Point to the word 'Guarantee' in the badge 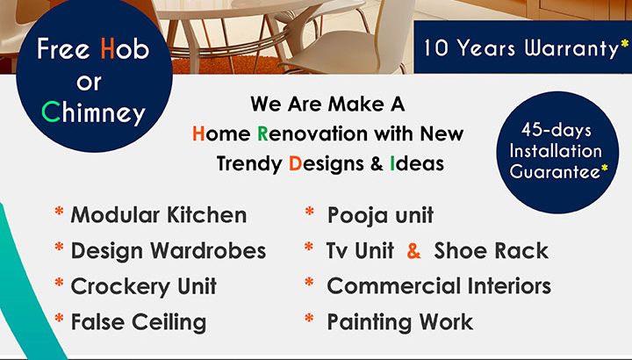555,171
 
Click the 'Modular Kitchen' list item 159,215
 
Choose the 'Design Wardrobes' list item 168,250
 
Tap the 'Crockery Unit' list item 143,286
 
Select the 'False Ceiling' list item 138,322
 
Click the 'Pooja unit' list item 380,215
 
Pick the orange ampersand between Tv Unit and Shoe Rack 413,251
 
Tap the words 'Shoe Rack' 491,250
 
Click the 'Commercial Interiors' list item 439,286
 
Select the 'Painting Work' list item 399,322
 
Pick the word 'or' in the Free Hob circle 89,82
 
